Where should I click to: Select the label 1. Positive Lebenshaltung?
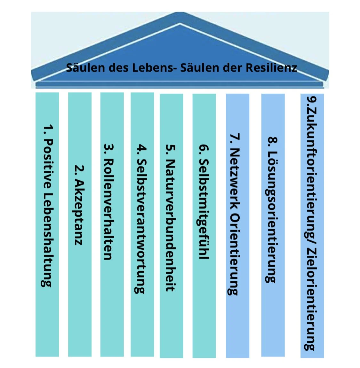pyautogui.click(x=47, y=206)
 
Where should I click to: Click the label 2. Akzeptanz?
pyautogui.click(x=79, y=205)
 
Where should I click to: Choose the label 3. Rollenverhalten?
pyautogui.click(x=109, y=202)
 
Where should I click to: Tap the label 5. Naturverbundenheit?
pyautogui.click(x=170, y=218)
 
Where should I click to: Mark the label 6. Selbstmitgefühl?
pyautogui.click(x=204, y=202)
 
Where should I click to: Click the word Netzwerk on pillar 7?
pyautogui.click(x=235, y=179)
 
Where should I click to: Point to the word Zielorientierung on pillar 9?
pyautogui.click(x=311, y=299)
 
